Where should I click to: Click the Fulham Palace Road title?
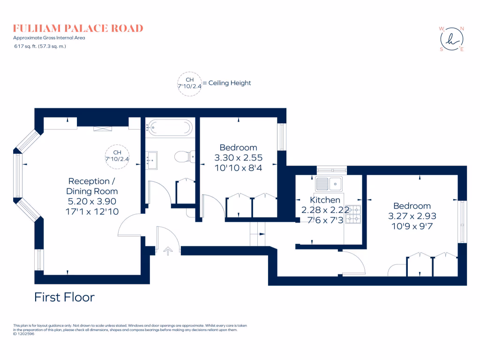[x=78, y=28]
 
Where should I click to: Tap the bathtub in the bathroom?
[x=170, y=127]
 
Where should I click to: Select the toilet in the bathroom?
[x=183, y=156]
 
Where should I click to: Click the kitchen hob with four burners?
[x=353, y=214]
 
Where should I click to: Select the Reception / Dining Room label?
[x=92, y=186]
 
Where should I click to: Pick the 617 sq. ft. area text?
[x=39, y=46]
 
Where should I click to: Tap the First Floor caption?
[x=64, y=297]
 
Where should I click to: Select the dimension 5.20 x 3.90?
[x=92, y=202]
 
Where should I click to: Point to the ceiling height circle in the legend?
[x=189, y=83]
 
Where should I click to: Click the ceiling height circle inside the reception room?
[x=117, y=156]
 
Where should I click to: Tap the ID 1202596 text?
[x=23, y=334]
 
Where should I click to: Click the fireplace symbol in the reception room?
[x=103, y=128]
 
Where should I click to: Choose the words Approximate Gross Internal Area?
[x=49, y=37]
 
